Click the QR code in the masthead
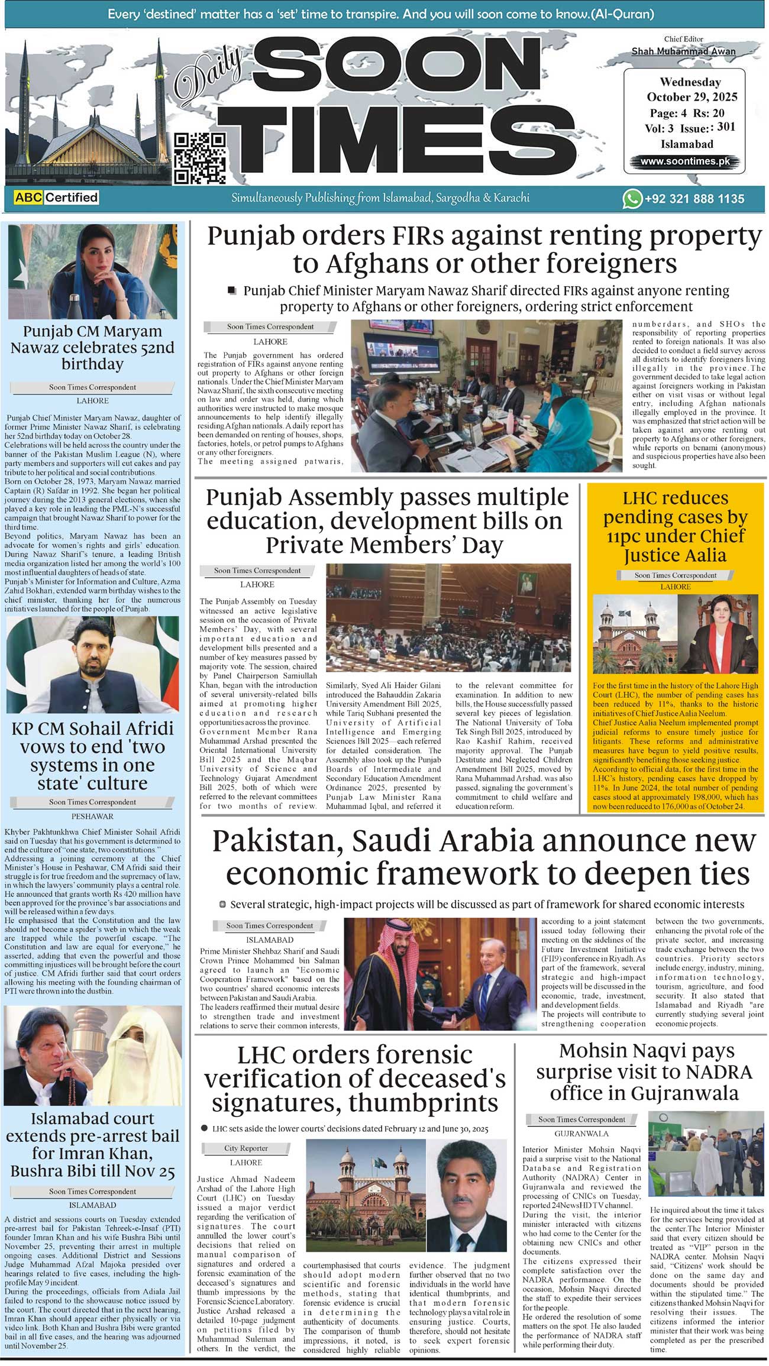pyautogui.click(x=199, y=158)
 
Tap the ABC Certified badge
pyautogui.click(x=56, y=198)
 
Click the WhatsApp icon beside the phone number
pyautogui.click(x=632, y=199)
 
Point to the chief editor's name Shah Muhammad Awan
pyautogui.click(x=683, y=51)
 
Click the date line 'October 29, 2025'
pyautogui.click(x=692, y=97)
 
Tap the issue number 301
pyautogui.click(x=726, y=127)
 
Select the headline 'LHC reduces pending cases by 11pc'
pyautogui.click(x=675, y=526)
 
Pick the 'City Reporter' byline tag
pyautogui.click(x=245, y=1148)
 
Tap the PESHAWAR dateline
pyautogui.click(x=92, y=816)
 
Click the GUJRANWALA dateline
pyautogui.click(x=581, y=1134)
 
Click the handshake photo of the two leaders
pyautogui.click(x=440, y=973)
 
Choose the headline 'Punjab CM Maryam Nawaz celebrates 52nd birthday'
pyautogui.click(x=92, y=347)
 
